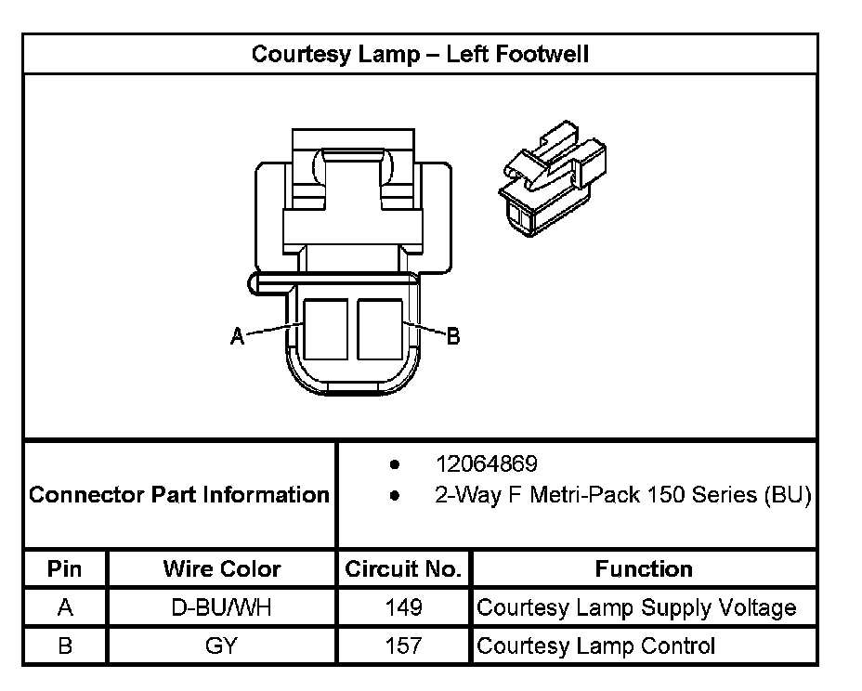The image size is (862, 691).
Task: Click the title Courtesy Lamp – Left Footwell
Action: [420, 54]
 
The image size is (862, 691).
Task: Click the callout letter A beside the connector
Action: [238, 337]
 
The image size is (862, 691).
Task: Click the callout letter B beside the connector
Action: [453, 336]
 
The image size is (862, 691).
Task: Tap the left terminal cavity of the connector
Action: [325, 329]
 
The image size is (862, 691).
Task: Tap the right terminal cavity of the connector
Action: [380, 329]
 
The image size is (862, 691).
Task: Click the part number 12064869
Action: [486, 463]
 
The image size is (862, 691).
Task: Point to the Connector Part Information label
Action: [179, 494]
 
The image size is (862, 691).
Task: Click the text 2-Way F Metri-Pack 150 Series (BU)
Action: [622, 495]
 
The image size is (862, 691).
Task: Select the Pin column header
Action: [65, 568]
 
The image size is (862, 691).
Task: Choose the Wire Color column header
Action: [221, 568]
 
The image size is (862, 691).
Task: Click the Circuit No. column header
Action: [403, 568]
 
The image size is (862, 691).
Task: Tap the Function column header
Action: [644, 568]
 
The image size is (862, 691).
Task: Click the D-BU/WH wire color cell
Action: [221, 607]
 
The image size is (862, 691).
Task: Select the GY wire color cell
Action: [221, 645]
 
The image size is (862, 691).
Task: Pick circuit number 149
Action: [403, 607]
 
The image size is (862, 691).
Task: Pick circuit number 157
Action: [403, 645]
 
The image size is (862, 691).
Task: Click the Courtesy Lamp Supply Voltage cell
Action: [636, 607]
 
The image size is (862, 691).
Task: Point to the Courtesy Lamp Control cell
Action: [595, 645]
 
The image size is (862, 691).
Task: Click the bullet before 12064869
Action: [396, 463]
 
